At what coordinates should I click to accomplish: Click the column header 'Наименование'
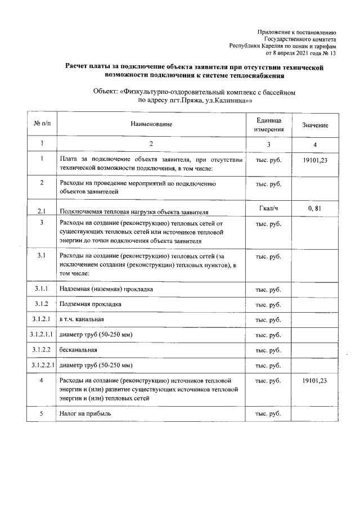151,124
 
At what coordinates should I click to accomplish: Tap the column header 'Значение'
315,125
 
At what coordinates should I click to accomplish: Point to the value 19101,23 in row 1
315,160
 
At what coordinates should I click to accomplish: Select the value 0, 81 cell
315,209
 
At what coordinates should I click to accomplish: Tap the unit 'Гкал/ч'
269,209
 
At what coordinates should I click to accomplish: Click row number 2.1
42,212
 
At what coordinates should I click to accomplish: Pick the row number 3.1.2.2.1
42,365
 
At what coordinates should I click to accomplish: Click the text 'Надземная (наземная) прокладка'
107,289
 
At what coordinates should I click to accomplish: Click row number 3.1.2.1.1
42,335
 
